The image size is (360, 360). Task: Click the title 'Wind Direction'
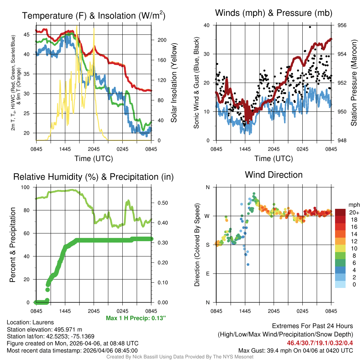point(274,175)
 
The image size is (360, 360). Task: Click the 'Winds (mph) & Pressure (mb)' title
point(274,13)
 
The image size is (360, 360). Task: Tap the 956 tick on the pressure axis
point(342,25)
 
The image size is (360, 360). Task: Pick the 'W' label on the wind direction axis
point(207,216)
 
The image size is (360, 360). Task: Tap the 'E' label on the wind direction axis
point(208,274)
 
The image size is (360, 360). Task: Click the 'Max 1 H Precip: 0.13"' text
point(136,318)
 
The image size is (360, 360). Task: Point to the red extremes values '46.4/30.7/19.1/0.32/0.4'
point(320,343)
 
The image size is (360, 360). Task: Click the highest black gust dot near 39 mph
point(310,27)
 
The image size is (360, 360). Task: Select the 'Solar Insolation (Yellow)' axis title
point(174,83)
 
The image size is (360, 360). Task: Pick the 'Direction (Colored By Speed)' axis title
point(197,245)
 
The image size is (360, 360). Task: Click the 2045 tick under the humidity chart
point(94,311)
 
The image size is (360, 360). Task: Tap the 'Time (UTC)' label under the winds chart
point(274,159)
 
